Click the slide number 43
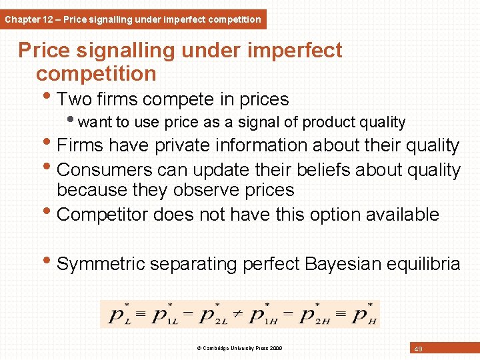[419, 349]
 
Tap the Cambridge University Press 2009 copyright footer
[240, 348]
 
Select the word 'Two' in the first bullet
[74, 100]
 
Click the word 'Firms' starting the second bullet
[80, 145]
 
